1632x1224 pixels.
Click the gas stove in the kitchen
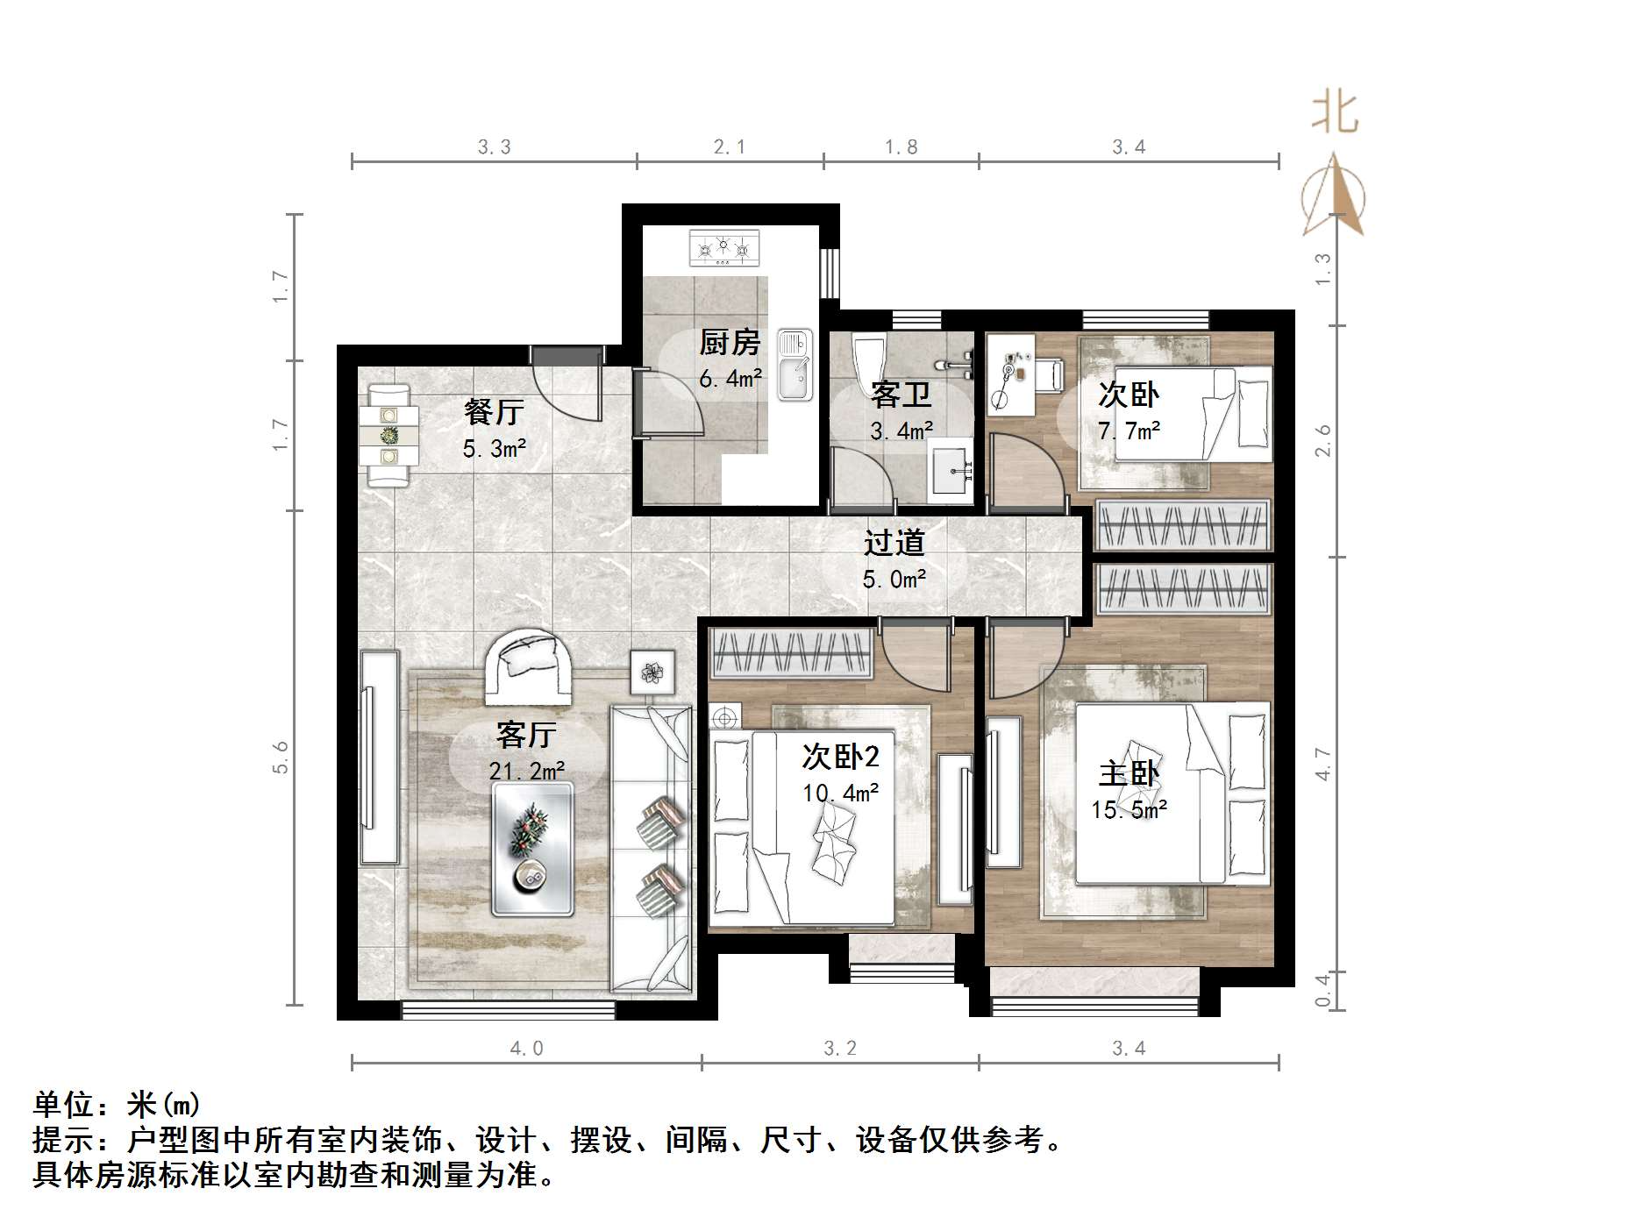[x=723, y=248]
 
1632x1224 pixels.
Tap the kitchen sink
[x=795, y=365]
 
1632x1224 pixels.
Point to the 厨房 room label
[x=730, y=342]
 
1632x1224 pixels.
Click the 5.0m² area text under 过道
[x=894, y=580]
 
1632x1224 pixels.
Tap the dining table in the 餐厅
[x=388, y=435]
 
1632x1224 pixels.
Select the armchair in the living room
[x=529, y=666]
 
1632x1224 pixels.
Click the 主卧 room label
[x=1129, y=773]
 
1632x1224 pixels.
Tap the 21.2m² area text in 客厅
[x=526, y=772]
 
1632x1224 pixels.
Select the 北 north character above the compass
[x=1335, y=113]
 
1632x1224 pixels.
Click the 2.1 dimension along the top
[x=729, y=147]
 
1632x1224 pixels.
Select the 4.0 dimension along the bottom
[x=526, y=1049]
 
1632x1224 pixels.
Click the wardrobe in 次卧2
[x=793, y=653]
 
